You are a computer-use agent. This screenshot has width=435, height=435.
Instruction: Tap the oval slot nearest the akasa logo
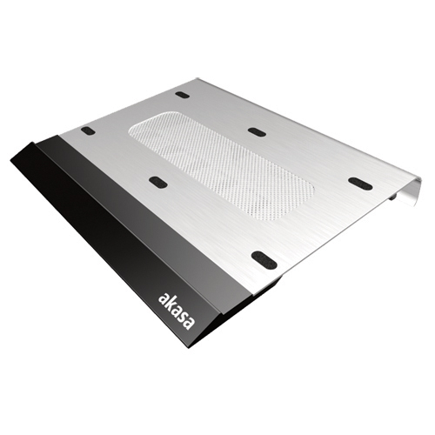pos(263,259)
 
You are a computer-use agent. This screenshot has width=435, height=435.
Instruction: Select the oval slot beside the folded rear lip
pos(359,184)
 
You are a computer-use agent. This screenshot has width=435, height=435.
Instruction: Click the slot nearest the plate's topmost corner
pos(181,94)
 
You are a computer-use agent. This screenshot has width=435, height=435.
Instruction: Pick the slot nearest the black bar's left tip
pos(88,130)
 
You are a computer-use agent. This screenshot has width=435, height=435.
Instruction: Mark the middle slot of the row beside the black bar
pos(157,182)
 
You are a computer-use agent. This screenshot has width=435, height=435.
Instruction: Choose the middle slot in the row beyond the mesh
pos(256,132)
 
